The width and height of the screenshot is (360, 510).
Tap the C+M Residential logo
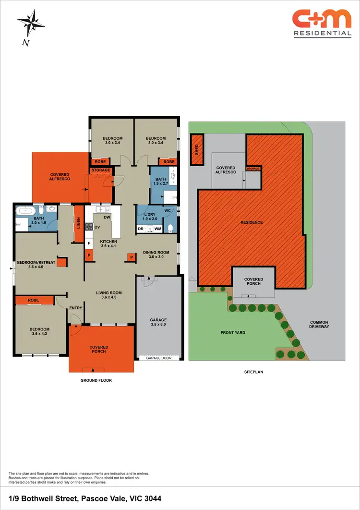tap(322, 24)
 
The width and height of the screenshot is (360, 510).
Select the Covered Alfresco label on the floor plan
tap(60, 176)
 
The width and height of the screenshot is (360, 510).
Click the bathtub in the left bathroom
tap(24, 210)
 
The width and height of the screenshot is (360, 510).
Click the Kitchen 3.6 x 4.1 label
tap(108, 244)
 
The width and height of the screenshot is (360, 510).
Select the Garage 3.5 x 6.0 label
tap(158, 322)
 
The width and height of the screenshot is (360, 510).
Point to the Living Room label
tap(108, 295)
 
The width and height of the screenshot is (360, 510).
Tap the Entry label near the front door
tap(75, 308)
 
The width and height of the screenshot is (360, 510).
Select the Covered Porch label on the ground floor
tap(98, 349)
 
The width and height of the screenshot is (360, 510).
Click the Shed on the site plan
tap(196, 149)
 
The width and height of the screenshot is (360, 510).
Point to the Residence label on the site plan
tap(252, 222)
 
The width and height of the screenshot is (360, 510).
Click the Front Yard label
tap(233, 332)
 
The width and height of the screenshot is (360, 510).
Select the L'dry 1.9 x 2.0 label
tap(149, 217)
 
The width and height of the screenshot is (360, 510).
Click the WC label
tap(168, 210)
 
